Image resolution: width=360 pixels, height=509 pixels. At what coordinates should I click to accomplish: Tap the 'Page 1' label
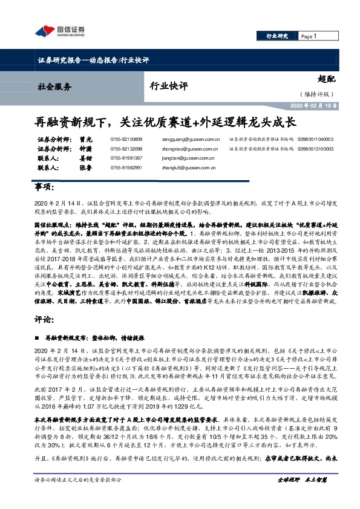click(309, 36)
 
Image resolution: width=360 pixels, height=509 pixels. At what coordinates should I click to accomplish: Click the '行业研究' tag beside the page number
click(277, 36)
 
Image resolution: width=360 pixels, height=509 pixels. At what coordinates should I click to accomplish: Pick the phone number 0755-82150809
click(126, 140)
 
